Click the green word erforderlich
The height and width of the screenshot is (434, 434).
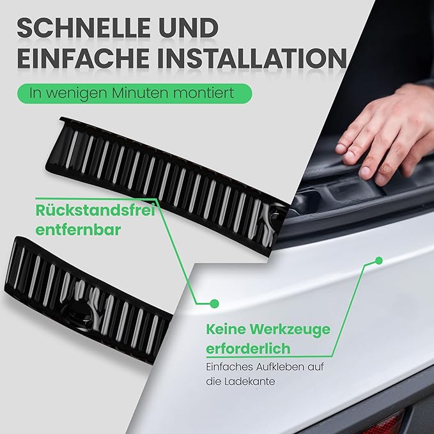(248, 349)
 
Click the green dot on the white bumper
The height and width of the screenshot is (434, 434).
(378, 260)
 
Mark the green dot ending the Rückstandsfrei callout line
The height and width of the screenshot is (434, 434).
(214, 303)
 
